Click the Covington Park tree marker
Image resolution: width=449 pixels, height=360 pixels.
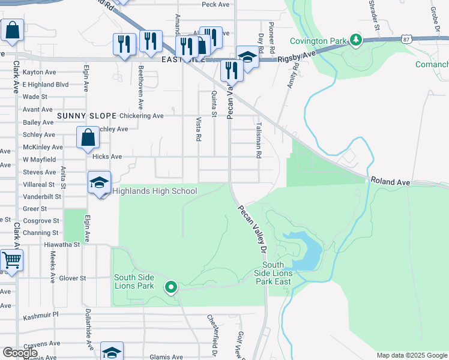[356, 40]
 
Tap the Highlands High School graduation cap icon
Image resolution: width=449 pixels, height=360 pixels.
[99, 182]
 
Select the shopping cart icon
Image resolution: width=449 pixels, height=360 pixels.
[11, 261]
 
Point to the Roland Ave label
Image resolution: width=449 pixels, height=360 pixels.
[390, 180]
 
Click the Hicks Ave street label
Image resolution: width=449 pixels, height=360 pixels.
[107, 157]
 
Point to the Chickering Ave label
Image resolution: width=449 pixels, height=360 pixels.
[142, 116]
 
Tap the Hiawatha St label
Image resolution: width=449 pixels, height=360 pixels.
[62, 245]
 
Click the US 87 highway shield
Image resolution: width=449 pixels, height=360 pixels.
[408, 39]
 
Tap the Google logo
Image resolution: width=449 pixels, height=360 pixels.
[20, 353]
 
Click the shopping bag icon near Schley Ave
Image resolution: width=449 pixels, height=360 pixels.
[88, 138]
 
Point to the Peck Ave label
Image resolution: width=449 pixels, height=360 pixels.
[216, 5]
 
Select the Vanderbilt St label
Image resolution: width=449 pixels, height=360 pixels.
[42, 196]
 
